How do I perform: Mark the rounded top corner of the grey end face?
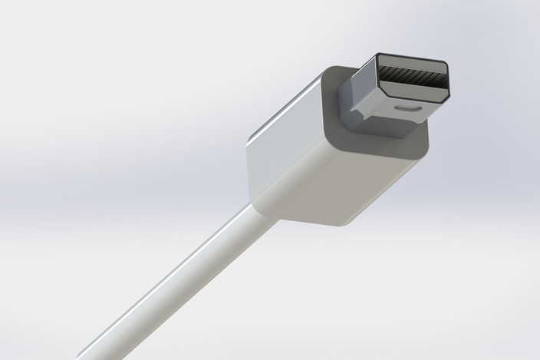click(x=330, y=71)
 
